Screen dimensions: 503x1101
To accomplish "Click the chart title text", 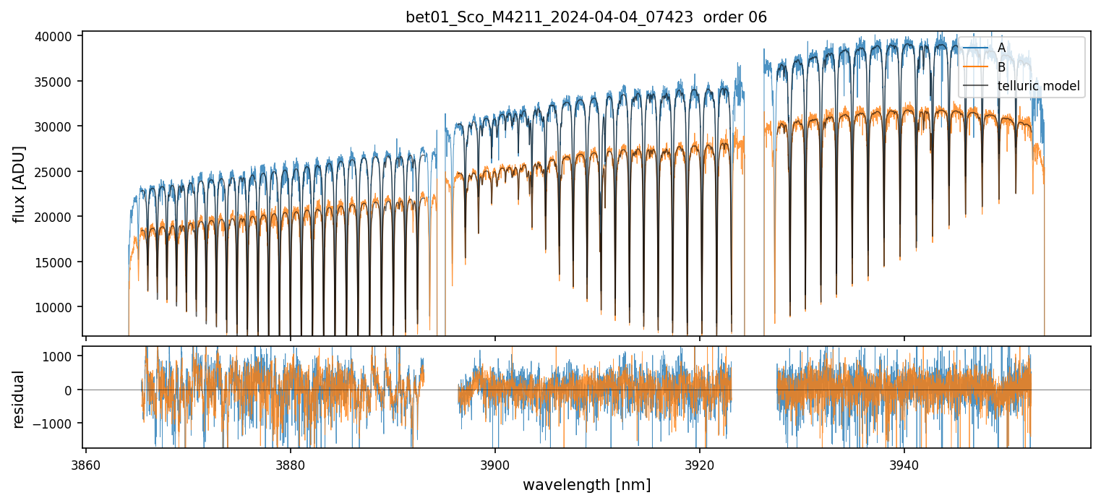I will (x=586, y=17).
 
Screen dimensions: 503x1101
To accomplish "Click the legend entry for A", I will (x=1001, y=48).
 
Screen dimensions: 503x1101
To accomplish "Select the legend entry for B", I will (x=1001, y=67).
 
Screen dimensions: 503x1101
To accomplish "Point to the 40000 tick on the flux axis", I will (x=55, y=37).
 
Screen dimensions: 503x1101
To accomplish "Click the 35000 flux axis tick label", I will (x=55, y=82).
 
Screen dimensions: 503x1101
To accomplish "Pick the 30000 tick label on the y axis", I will (x=55, y=126).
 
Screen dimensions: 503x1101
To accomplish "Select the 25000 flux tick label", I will (x=55, y=172).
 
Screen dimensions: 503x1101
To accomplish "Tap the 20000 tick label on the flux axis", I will (x=55, y=217).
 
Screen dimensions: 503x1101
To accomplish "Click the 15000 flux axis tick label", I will (x=55, y=262).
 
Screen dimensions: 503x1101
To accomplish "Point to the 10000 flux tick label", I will (x=55, y=307).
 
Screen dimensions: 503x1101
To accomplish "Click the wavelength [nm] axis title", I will (x=586, y=484).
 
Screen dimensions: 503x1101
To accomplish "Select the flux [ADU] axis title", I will (x=19, y=184).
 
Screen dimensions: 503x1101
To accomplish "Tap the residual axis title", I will (x=19, y=398).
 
